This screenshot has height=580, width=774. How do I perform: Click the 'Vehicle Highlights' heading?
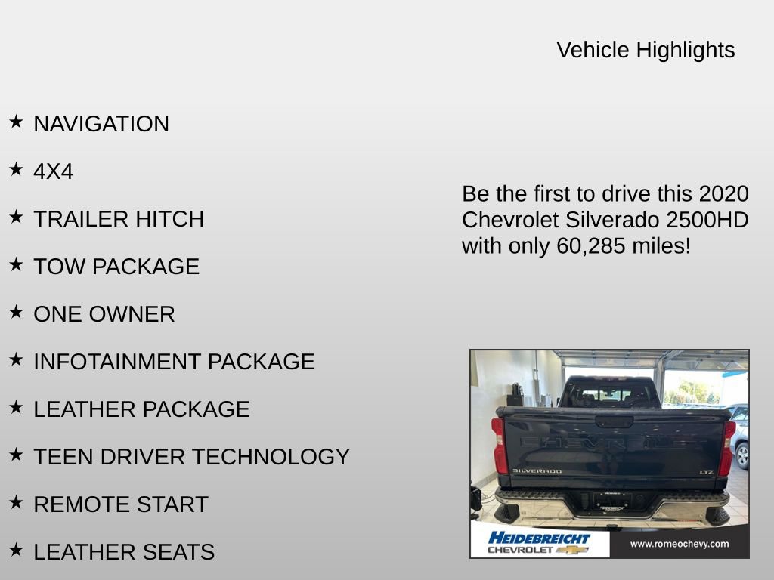tap(646, 50)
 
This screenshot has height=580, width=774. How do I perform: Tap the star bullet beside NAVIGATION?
tap(16, 122)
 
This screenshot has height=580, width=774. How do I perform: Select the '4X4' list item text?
tap(53, 171)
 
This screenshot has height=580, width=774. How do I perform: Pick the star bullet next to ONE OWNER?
tap(16, 312)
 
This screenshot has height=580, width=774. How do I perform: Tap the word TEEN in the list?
tap(59, 457)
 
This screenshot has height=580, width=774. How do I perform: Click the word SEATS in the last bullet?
tap(181, 552)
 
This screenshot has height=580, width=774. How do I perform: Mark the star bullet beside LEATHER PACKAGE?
tap(16, 407)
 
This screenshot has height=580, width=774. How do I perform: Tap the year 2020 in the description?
tap(723, 194)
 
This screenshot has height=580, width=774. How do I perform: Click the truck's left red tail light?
tap(499, 446)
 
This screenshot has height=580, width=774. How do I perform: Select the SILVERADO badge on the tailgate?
tap(537, 471)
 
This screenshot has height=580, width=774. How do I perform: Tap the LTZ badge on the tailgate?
tap(705, 472)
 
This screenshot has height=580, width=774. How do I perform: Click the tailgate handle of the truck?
tap(614, 421)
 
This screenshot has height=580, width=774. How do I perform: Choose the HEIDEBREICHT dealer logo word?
tap(539, 538)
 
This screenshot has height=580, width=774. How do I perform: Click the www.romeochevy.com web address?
tap(679, 544)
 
